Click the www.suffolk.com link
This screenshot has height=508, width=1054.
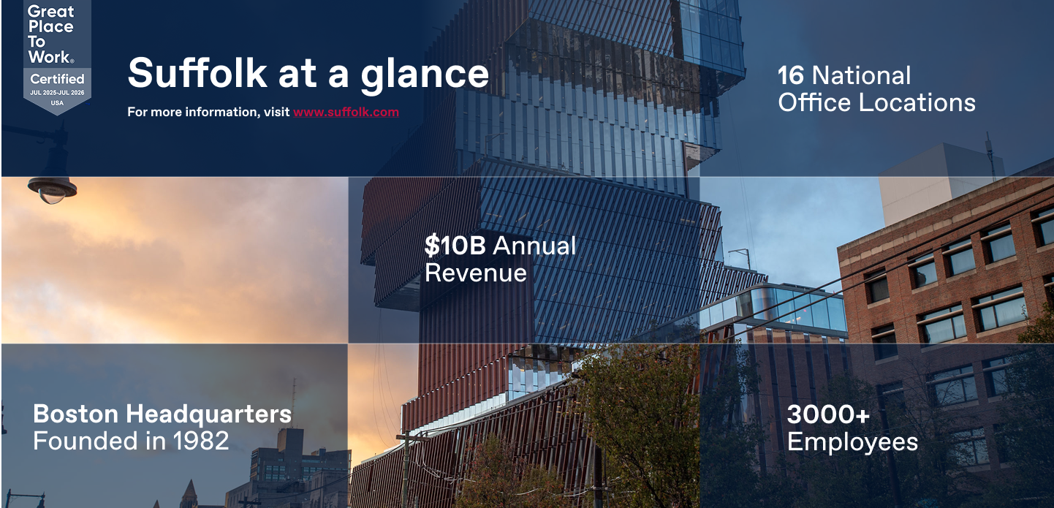click(346, 112)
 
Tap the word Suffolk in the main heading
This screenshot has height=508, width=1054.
click(197, 73)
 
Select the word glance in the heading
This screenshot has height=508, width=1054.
click(425, 75)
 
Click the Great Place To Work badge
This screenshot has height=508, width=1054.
click(57, 56)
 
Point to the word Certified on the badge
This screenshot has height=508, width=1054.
click(57, 78)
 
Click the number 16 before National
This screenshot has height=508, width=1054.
click(791, 76)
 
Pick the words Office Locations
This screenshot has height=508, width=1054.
click(876, 102)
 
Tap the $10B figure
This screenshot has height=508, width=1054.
click(455, 246)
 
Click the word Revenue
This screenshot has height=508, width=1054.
click(475, 273)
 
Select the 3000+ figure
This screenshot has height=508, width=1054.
click(828, 414)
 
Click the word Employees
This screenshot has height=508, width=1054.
click(852, 442)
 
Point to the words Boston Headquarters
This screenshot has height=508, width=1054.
click(162, 414)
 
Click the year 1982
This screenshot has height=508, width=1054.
click(200, 441)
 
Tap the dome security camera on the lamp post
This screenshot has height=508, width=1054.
click(52, 190)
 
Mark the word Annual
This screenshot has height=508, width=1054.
click(534, 246)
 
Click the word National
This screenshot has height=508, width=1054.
click(862, 76)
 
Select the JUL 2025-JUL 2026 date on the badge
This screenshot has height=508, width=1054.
click(57, 93)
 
